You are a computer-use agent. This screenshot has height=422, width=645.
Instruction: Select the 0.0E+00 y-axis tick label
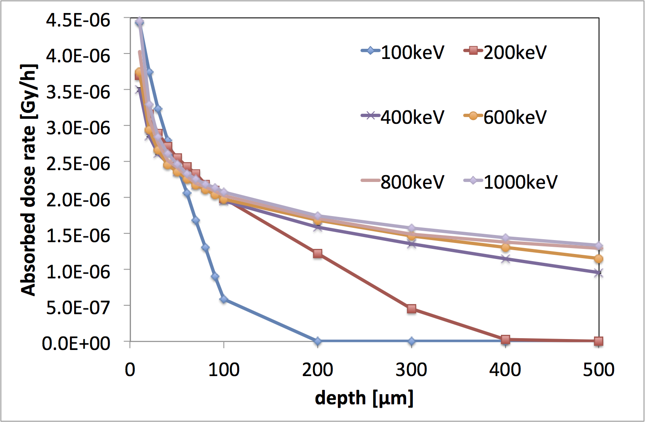pyautogui.click(x=76, y=343)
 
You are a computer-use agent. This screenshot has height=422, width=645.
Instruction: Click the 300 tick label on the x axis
pyautogui.click(x=411, y=369)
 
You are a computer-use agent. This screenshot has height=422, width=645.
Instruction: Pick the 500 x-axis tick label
pyautogui.click(x=599, y=369)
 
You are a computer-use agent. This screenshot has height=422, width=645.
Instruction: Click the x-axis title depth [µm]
pyautogui.click(x=364, y=398)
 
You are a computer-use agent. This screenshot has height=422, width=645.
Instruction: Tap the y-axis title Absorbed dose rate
pyautogui.click(x=29, y=180)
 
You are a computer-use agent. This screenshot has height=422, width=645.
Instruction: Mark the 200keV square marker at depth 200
pyautogui.click(x=318, y=254)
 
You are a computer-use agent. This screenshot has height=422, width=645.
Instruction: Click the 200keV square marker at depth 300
pyautogui.click(x=412, y=309)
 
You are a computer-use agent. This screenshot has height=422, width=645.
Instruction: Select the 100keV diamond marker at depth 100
pyautogui.click(x=224, y=299)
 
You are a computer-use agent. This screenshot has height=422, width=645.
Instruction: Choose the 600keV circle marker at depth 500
pyautogui.click(x=599, y=259)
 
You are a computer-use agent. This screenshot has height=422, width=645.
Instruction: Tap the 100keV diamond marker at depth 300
pyautogui.click(x=412, y=341)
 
